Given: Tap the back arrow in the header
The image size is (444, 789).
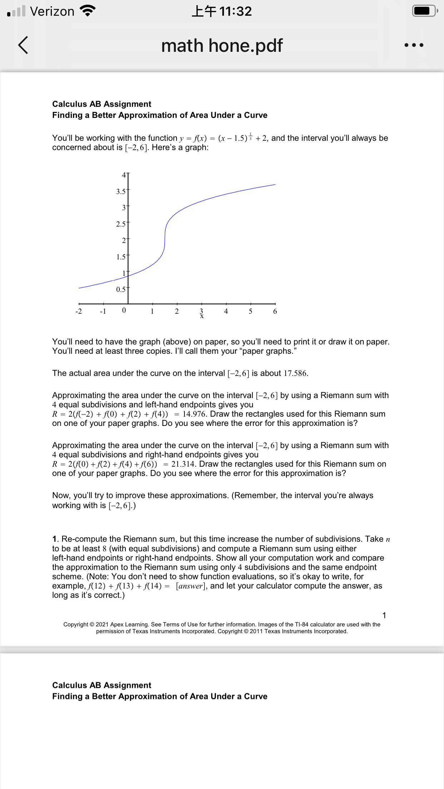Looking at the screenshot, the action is (23, 45).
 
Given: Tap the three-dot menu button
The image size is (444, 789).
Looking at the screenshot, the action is (414, 45).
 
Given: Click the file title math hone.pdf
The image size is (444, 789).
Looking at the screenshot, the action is (222, 46).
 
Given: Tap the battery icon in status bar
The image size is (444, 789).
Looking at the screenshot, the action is (424, 11).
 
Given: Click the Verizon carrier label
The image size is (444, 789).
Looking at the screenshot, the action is (52, 11).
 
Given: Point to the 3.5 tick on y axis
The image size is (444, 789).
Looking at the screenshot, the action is (121, 192).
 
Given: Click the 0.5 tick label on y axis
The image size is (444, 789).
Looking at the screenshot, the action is (121, 289).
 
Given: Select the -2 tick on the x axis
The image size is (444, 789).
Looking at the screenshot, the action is (79, 311).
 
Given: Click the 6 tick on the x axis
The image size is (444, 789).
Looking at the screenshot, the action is (275, 311).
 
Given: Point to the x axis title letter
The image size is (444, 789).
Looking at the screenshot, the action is (202, 316).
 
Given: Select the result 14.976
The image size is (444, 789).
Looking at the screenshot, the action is (194, 414).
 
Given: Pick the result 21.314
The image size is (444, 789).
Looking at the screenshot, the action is (183, 464).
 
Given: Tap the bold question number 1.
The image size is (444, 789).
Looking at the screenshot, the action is (55, 539).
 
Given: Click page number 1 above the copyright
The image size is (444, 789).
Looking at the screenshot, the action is (384, 615).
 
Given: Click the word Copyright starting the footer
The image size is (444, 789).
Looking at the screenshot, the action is (76, 624).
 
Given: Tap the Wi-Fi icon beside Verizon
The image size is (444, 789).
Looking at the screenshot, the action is (88, 11).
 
